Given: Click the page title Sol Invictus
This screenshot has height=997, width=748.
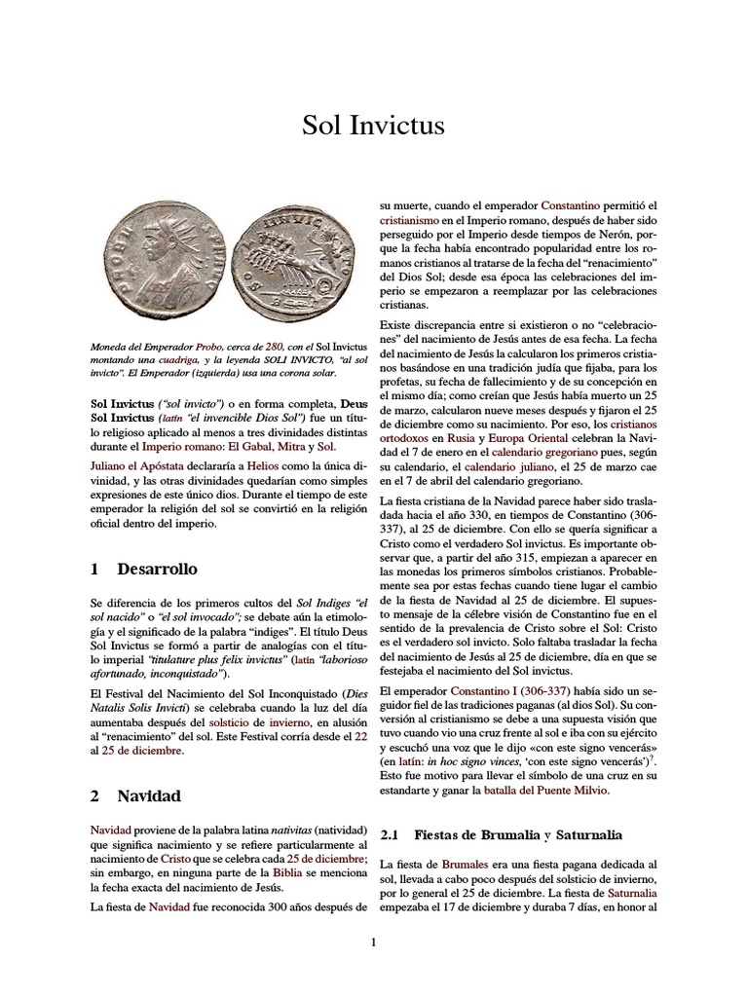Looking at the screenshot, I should [x=374, y=126].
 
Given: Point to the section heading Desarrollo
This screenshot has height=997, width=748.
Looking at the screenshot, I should [x=157, y=569].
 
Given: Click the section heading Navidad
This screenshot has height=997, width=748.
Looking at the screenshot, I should [x=149, y=795].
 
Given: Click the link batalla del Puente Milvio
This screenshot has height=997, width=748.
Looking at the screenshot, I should [x=546, y=792].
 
